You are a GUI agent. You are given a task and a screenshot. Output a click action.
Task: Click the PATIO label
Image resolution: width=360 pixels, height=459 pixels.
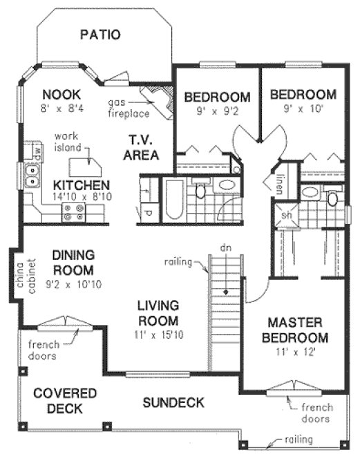click(x=100, y=34)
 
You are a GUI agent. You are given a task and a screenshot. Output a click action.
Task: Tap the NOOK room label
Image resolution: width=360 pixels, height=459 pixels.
click(x=61, y=95)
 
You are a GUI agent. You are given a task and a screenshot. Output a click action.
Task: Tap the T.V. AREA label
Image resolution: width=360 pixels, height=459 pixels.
click(x=142, y=147)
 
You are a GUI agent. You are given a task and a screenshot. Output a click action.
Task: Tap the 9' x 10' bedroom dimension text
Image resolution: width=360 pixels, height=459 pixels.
click(x=303, y=109)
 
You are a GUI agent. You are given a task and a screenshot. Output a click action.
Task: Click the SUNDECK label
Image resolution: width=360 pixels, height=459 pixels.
click(x=173, y=402)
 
